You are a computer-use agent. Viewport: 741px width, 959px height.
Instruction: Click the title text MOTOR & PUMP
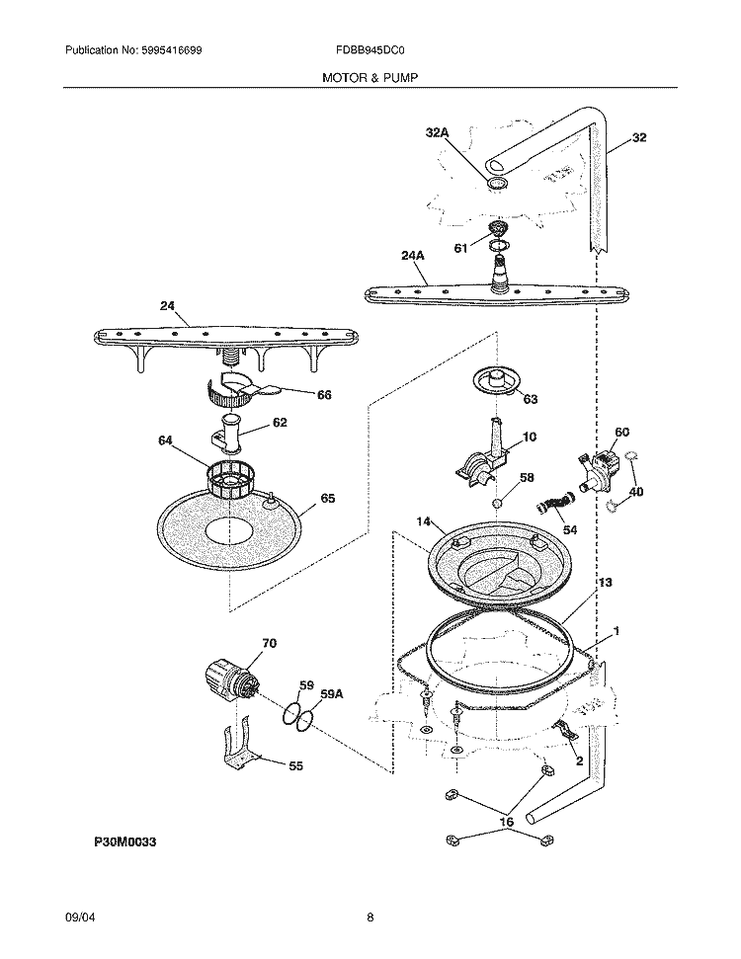coord(370,76)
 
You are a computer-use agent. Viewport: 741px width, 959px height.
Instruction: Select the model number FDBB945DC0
coord(370,50)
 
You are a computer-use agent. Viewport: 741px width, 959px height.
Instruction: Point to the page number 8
coord(370,918)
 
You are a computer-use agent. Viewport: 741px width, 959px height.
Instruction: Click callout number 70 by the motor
coord(269,644)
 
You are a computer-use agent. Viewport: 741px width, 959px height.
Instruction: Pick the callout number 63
coord(530,400)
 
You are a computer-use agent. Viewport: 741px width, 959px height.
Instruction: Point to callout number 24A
coord(413,255)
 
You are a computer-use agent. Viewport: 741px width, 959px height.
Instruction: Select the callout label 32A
coord(437,132)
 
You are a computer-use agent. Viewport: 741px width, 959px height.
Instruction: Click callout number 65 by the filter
coord(327,499)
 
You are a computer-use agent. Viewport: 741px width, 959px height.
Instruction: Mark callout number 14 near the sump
coord(424,520)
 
